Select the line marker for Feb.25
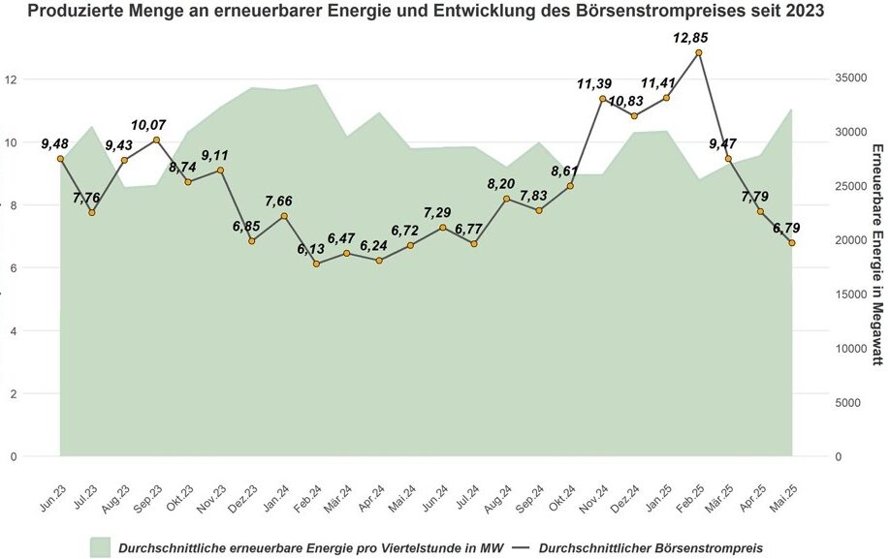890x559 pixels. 698,52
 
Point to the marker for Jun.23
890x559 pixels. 60,158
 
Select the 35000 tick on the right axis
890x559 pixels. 850,78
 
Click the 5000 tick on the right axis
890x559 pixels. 847,402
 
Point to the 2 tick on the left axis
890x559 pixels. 13,394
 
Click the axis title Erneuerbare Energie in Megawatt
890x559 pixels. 875,254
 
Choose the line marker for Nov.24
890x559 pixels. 602,99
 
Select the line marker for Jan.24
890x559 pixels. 284,215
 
